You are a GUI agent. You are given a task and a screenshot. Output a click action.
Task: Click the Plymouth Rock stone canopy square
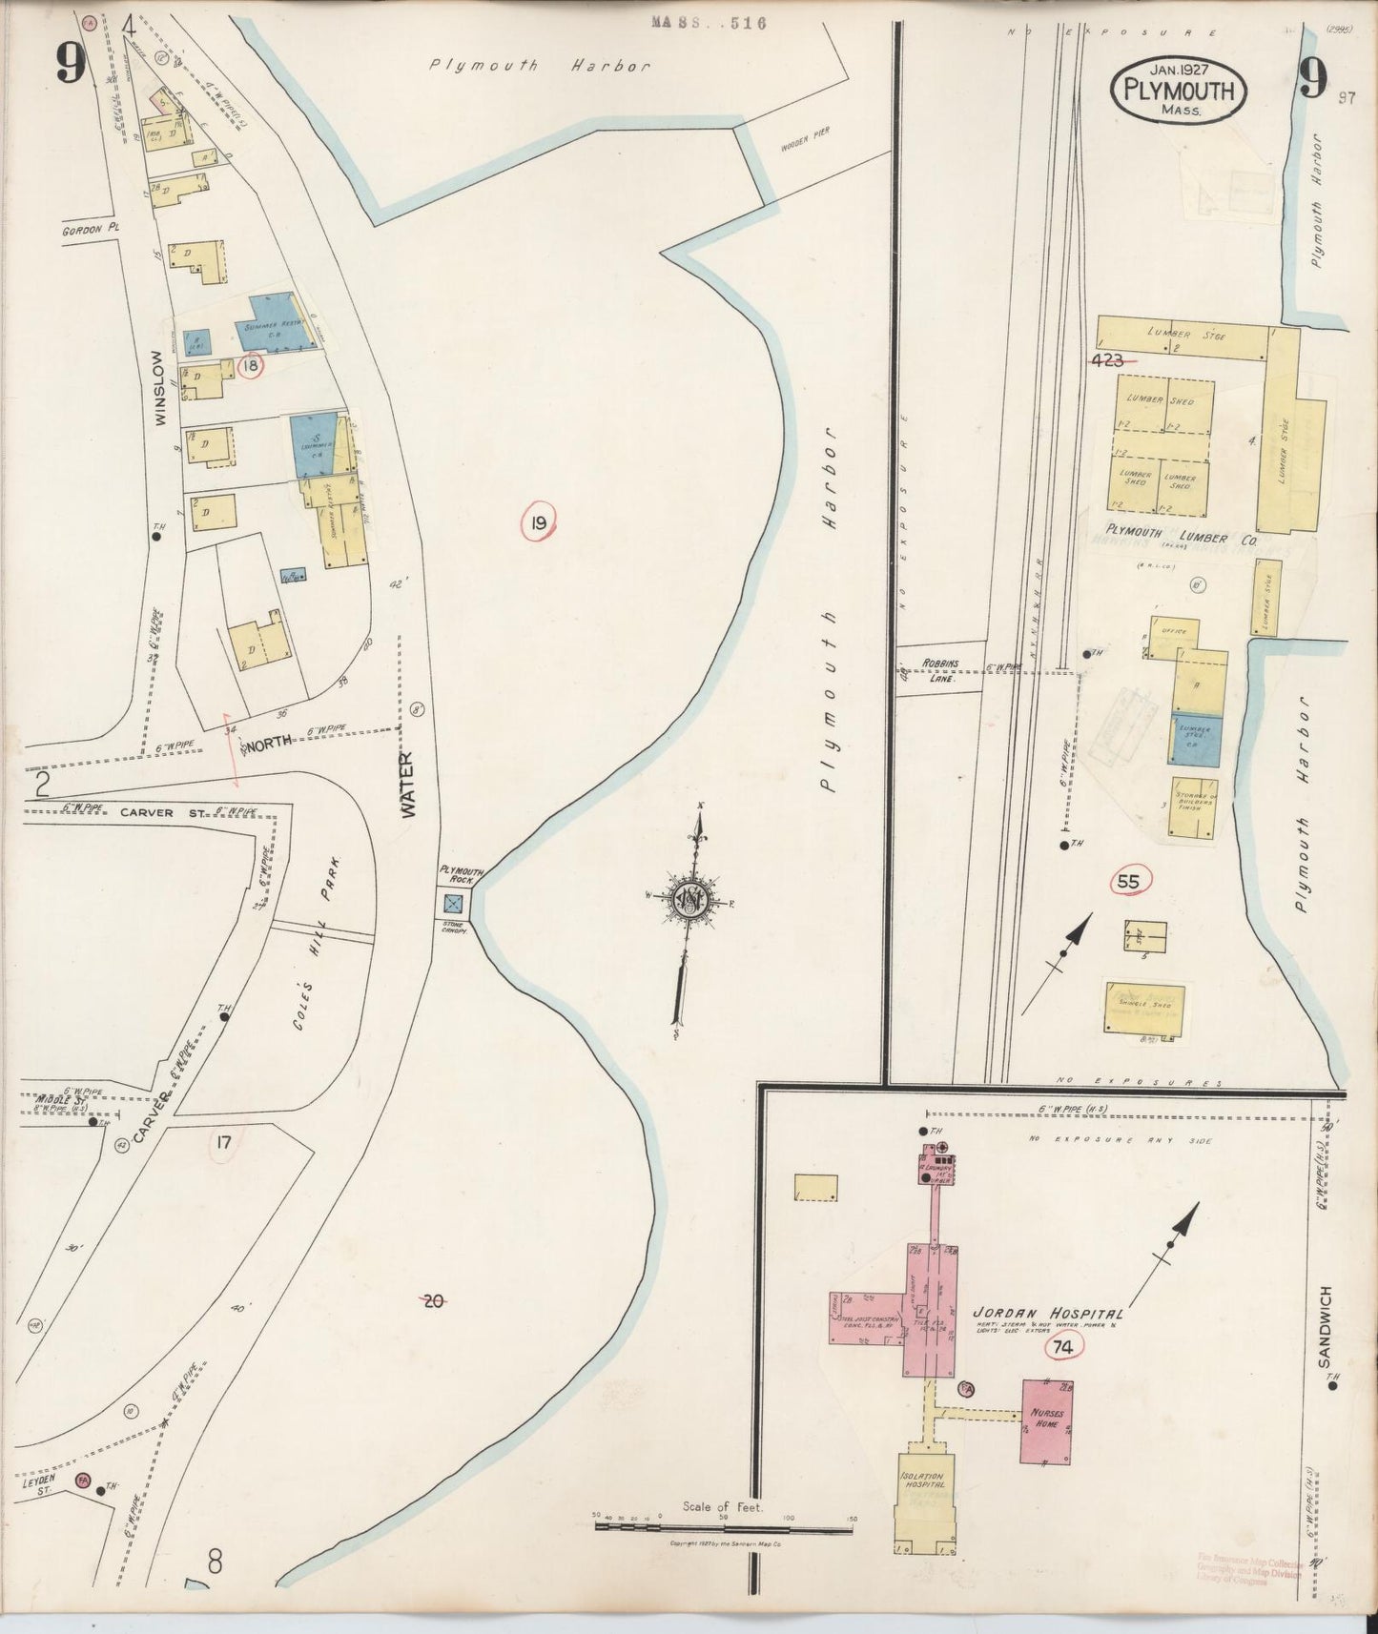454,902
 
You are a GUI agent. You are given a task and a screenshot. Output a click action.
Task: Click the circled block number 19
539,521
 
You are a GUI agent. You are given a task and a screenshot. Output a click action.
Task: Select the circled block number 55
1128,882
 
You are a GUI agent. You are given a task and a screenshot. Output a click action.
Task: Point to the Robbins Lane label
939,670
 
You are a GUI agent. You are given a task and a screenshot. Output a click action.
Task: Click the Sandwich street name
1325,1325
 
